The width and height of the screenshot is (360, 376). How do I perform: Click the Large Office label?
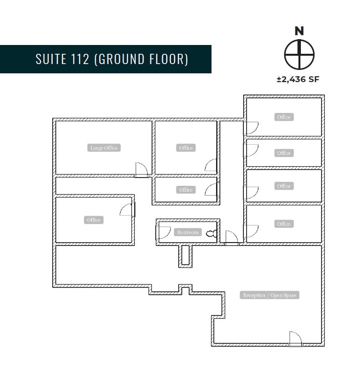(x=104, y=148)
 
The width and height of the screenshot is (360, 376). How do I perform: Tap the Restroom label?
(x=188, y=232)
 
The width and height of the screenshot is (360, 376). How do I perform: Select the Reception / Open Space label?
(x=270, y=295)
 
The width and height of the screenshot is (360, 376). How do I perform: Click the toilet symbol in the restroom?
(x=211, y=234)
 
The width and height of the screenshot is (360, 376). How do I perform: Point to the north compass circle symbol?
(x=299, y=54)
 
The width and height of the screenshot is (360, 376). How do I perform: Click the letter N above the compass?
(x=299, y=31)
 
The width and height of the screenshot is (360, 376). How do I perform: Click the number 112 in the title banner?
(x=78, y=59)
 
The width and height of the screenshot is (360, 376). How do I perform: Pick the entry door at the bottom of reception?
(x=295, y=339)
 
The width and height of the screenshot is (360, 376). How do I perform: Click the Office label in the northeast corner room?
(x=284, y=117)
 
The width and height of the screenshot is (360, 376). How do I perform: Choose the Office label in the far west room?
(x=94, y=220)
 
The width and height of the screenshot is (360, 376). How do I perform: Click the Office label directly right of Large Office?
(x=186, y=148)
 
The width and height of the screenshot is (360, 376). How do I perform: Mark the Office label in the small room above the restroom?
(x=186, y=190)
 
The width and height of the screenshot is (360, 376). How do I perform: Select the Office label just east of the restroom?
(x=284, y=224)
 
